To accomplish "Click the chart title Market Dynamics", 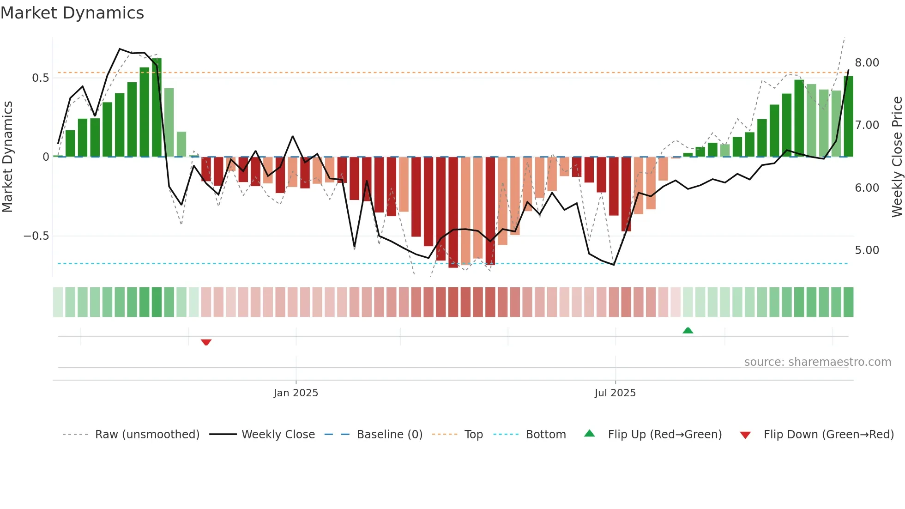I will coord(72,13).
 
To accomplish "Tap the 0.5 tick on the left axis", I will coord(40,78).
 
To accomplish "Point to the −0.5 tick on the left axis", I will coord(36,236).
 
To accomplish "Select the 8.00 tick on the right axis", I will coord(867,63).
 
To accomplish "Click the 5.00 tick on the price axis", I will coord(867,250).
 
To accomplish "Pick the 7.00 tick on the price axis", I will coord(867,125).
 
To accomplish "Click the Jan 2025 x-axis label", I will coord(296,393).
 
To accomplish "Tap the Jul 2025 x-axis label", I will coord(615,393).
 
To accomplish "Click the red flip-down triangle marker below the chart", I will coord(206,342).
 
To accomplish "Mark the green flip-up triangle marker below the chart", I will coord(688,330).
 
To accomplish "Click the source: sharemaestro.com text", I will coord(817,362).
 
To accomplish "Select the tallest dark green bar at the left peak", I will coord(157,108).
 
